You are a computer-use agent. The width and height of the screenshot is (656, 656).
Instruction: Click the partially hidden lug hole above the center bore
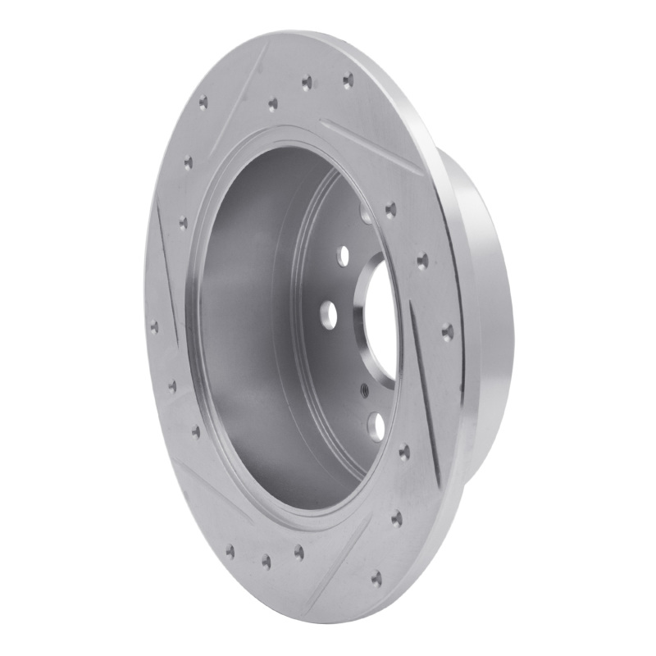tap(366, 216)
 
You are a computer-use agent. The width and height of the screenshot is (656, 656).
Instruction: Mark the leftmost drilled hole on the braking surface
tap(154, 326)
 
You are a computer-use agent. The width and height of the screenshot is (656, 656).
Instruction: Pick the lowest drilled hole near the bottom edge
tap(376, 579)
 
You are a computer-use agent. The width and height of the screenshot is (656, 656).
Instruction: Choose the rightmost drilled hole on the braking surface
tap(447, 330)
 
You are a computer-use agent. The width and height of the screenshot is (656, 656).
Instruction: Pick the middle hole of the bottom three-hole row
tap(266, 561)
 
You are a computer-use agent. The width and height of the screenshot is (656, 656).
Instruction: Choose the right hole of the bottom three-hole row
tap(298, 552)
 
